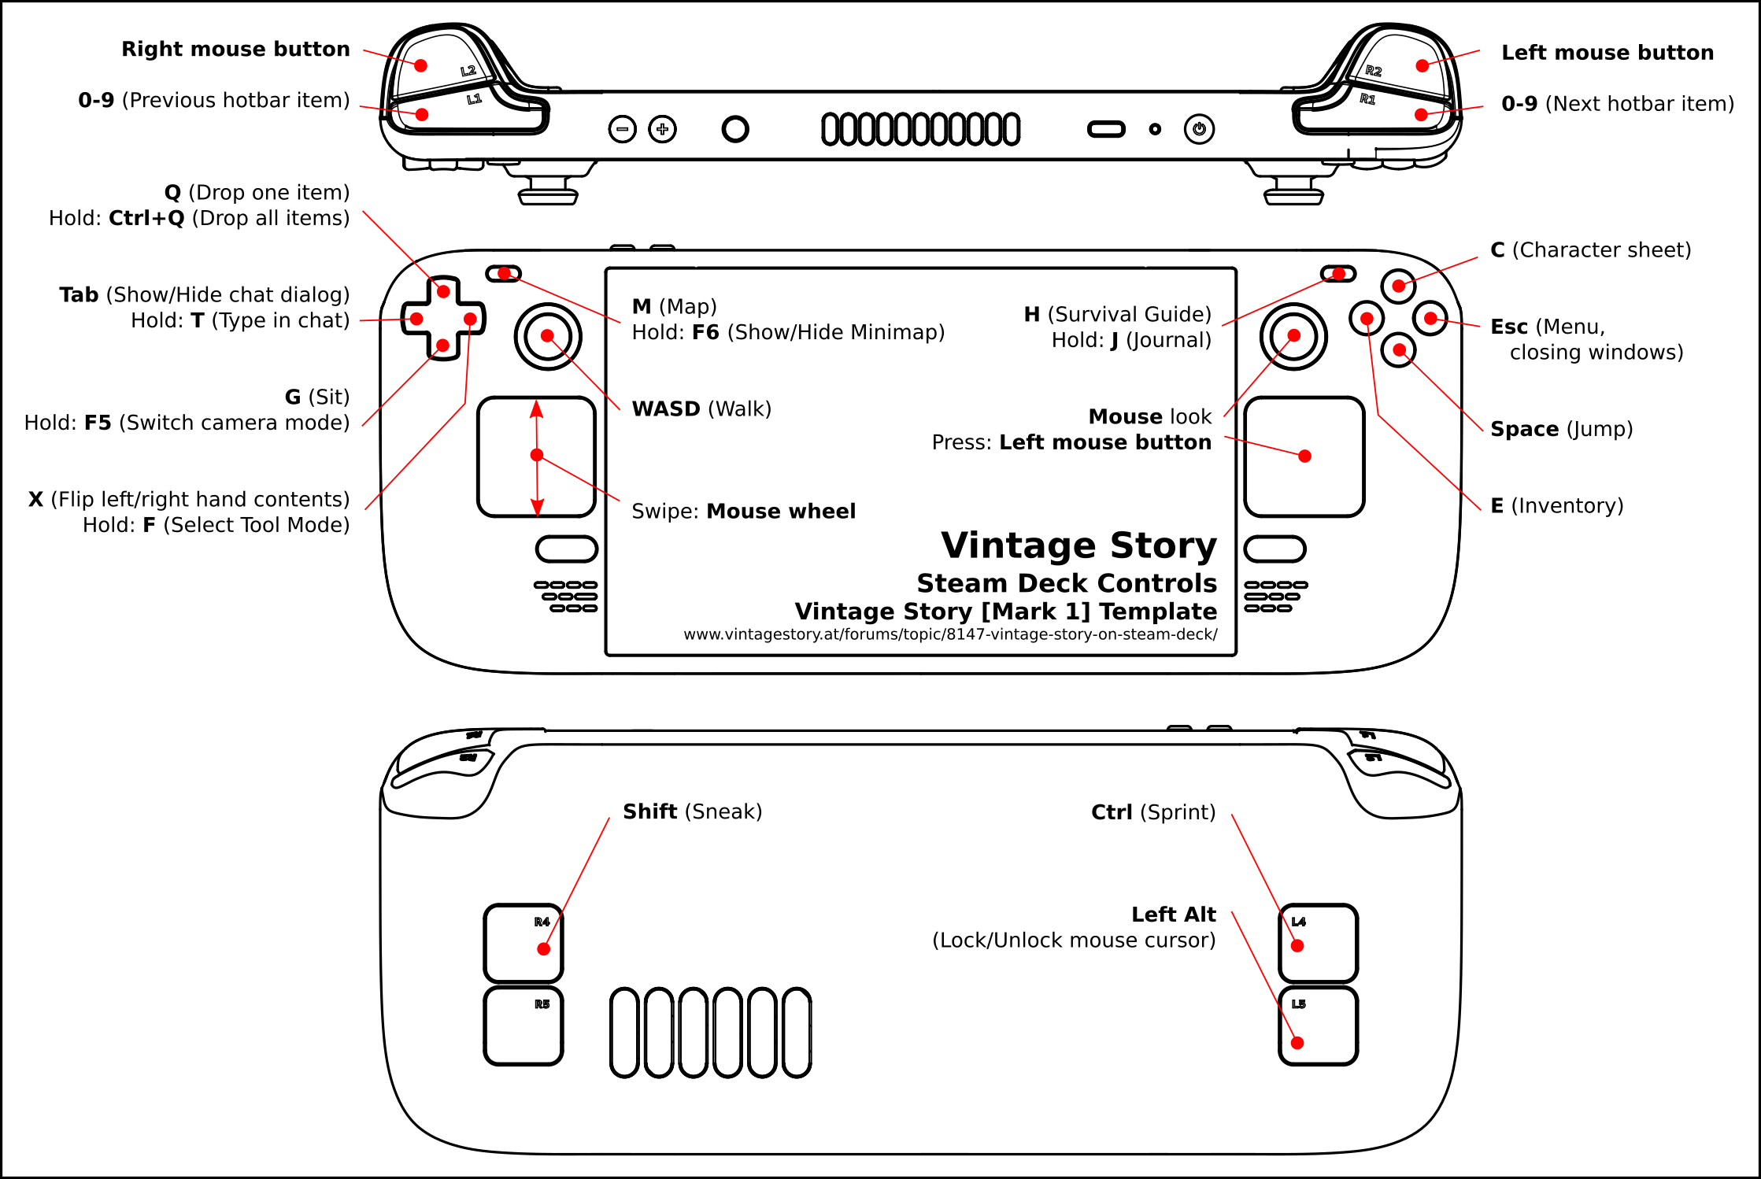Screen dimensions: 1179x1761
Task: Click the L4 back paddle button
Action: [x=1318, y=943]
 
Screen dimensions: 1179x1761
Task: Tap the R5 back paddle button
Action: [x=523, y=1026]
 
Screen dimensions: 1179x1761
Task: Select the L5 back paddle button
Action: [x=1318, y=1026]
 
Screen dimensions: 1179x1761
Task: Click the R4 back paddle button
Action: [x=523, y=943]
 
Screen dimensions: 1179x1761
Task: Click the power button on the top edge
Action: [x=1199, y=129]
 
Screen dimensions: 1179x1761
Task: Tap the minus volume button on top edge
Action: [x=622, y=129]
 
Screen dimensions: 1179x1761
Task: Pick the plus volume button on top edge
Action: [x=662, y=129]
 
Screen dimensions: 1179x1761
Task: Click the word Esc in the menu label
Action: [x=1508, y=327]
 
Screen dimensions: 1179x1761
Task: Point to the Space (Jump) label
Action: [x=1561, y=429]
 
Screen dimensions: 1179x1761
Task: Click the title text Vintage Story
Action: [x=1078, y=545]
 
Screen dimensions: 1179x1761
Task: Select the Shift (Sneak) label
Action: [x=692, y=811]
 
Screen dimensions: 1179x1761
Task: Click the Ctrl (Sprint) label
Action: [x=1152, y=812]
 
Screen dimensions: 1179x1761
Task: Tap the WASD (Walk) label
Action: [x=701, y=408]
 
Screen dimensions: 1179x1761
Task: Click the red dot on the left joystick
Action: [x=547, y=336]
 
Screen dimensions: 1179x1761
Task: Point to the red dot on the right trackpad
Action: [x=1304, y=456]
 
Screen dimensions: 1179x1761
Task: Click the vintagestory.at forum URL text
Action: [x=950, y=634]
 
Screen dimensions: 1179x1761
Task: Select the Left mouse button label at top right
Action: [x=1607, y=53]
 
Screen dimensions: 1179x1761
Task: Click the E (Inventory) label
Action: [x=1556, y=505]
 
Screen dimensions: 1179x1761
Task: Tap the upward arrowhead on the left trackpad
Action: [x=536, y=408]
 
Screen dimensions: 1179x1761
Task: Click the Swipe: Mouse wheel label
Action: [x=743, y=512]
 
